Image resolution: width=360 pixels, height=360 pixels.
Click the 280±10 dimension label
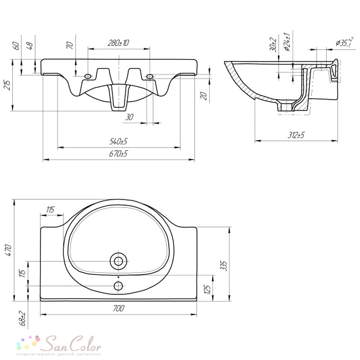point(118,43)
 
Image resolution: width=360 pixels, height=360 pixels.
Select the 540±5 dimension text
point(118,141)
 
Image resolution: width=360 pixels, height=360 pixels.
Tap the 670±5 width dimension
point(118,153)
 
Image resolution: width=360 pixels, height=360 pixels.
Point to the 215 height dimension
point(8,85)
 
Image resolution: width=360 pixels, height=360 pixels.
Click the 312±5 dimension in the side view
point(296,135)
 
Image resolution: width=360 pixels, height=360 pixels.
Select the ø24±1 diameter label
point(287,42)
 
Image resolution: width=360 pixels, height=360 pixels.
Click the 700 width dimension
point(118,308)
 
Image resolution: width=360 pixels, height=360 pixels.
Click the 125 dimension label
point(207,290)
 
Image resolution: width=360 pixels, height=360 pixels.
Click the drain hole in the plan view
point(118,261)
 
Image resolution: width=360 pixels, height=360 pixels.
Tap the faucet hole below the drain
point(118,286)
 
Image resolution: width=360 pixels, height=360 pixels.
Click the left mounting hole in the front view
point(88,76)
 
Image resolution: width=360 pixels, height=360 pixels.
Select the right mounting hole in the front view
point(149,76)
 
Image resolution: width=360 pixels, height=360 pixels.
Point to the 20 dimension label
point(203,95)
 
